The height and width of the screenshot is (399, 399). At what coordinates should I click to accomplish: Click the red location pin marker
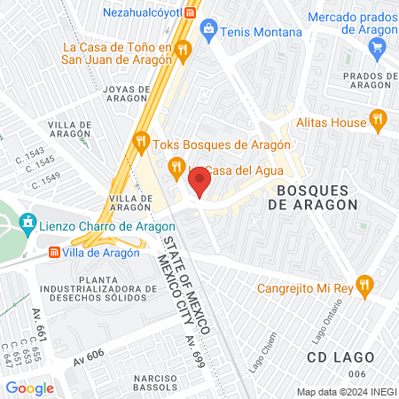[x=200, y=184]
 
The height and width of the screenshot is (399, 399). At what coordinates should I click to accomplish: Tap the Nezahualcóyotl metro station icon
[x=191, y=12]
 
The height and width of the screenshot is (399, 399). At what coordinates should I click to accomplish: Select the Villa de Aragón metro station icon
[x=54, y=252]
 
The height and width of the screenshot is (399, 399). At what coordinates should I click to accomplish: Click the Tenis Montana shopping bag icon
[x=208, y=28]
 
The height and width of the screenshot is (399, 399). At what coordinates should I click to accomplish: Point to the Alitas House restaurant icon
[x=379, y=117]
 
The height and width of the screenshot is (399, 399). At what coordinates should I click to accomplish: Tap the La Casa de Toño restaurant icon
[x=183, y=48]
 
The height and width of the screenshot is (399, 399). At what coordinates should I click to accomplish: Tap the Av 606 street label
[x=90, y=356]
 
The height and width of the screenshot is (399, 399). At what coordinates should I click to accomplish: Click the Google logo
[x=29, y=387]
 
